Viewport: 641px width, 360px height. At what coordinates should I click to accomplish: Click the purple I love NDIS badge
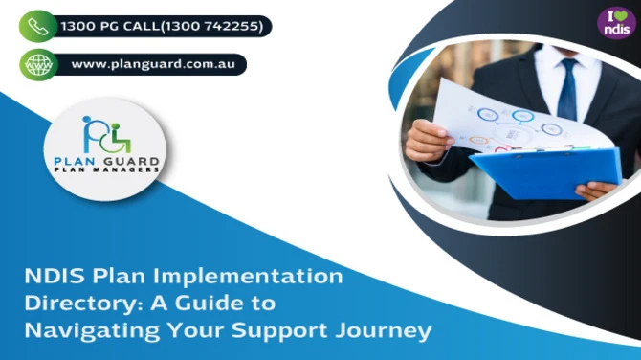tap(615, 23)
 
